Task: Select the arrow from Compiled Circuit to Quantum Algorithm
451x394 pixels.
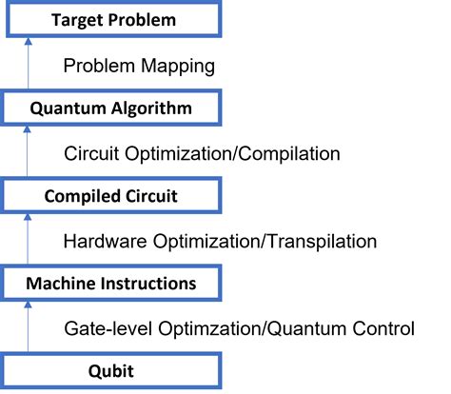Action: click(x=29, y=152)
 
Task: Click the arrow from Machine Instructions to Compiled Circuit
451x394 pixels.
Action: click(x=29, y=240)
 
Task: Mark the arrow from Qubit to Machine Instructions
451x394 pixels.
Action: click(x=29, y=327)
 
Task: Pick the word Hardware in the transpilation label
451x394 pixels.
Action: click(x=102, y=241)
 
